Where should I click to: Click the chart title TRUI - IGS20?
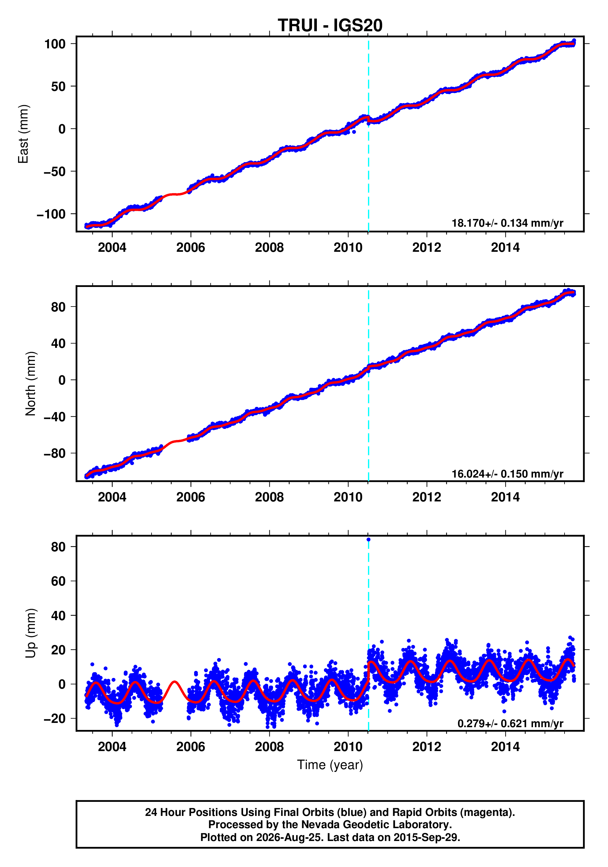click(330, 25)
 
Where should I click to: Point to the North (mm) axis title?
click(31, 384)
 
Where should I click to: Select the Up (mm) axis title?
click(31, 633)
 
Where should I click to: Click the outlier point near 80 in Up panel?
click(368, 540)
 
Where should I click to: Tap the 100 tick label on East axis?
click(55, 44)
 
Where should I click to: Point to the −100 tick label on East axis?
click(51, 214)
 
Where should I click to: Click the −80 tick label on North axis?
click(54, 453)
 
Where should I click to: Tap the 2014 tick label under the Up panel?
click(505, 746)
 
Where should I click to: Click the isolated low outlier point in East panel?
click(354, 132)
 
